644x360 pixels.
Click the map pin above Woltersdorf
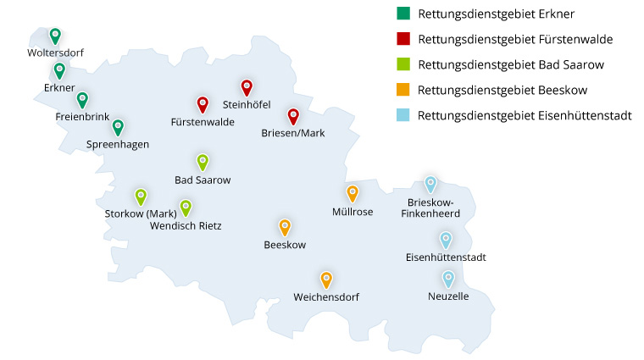[55, 36]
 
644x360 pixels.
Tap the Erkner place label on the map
[59, 88]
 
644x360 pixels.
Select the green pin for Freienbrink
[82, 99]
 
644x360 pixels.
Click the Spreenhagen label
[118, 144]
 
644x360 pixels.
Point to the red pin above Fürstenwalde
[203, 104]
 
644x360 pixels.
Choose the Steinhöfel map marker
[247, 87]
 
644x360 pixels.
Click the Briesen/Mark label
[293, 133]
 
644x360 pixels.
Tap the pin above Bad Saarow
[203, 162]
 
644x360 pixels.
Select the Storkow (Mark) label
[141, 213]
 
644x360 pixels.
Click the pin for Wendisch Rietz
[186, 208]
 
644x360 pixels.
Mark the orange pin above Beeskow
[285, 227]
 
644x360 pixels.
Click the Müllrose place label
[353, 212]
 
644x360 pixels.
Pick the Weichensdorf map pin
[326, 280]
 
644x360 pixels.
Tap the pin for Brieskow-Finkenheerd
[430, 184]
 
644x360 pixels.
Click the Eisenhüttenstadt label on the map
[446, 257]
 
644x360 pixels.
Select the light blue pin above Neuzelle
[448, 279]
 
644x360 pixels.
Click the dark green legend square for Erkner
[403, 14]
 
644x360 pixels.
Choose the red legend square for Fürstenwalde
[403, 39]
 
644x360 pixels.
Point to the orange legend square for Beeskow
[403, 90]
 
